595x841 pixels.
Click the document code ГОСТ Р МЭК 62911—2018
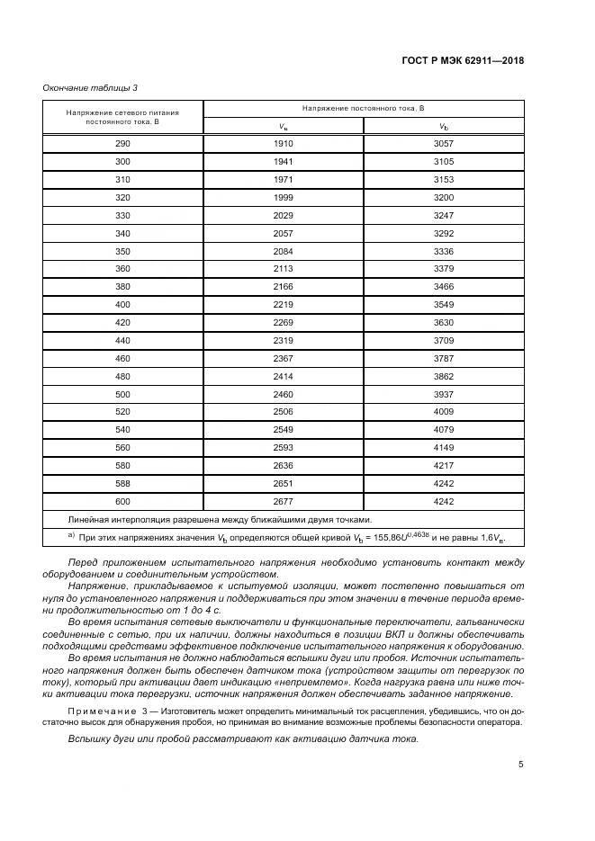coord(462,61)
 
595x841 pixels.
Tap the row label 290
coord(123,144)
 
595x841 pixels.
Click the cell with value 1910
coord(284,144)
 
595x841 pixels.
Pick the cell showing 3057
coord(444,144)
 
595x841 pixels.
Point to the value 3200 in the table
coord(444,197)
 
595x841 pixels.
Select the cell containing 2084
coord(284,251)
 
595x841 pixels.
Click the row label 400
coord(123,304)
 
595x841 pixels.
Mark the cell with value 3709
coord(444,340)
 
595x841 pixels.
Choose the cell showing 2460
coord(284,394)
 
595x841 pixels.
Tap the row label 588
coord(123,483)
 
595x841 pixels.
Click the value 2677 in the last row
coord(284,501)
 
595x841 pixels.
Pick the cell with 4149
coord(444,447)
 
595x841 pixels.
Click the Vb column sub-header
coord(444,126)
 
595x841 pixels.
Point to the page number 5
coord(521,765)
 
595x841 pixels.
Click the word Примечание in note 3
coord(98,711)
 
